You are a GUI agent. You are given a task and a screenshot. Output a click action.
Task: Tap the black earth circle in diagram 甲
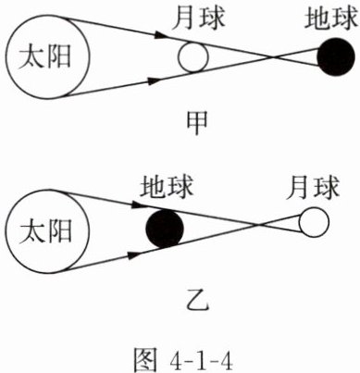tap(336, 56)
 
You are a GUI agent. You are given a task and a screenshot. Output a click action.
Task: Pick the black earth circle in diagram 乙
tap(165, 229)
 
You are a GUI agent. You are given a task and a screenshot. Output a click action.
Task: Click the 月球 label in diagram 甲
tap(199, 19)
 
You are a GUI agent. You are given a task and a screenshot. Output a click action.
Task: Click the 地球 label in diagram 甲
tap(330, 19)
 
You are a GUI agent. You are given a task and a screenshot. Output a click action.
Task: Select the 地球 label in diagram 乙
tap(167, 186)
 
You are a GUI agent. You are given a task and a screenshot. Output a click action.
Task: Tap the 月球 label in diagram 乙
tap(313, 187)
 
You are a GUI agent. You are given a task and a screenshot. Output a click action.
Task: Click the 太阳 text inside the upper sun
tap(45, 57)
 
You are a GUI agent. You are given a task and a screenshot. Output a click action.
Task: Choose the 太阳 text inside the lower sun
tap(45, 231)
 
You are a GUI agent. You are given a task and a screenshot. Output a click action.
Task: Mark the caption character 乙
tap(198, 300)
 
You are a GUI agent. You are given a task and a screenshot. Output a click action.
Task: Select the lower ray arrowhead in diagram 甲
tap(154, 81)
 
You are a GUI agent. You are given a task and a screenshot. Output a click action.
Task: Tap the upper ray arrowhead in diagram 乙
tap(138, 205)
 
